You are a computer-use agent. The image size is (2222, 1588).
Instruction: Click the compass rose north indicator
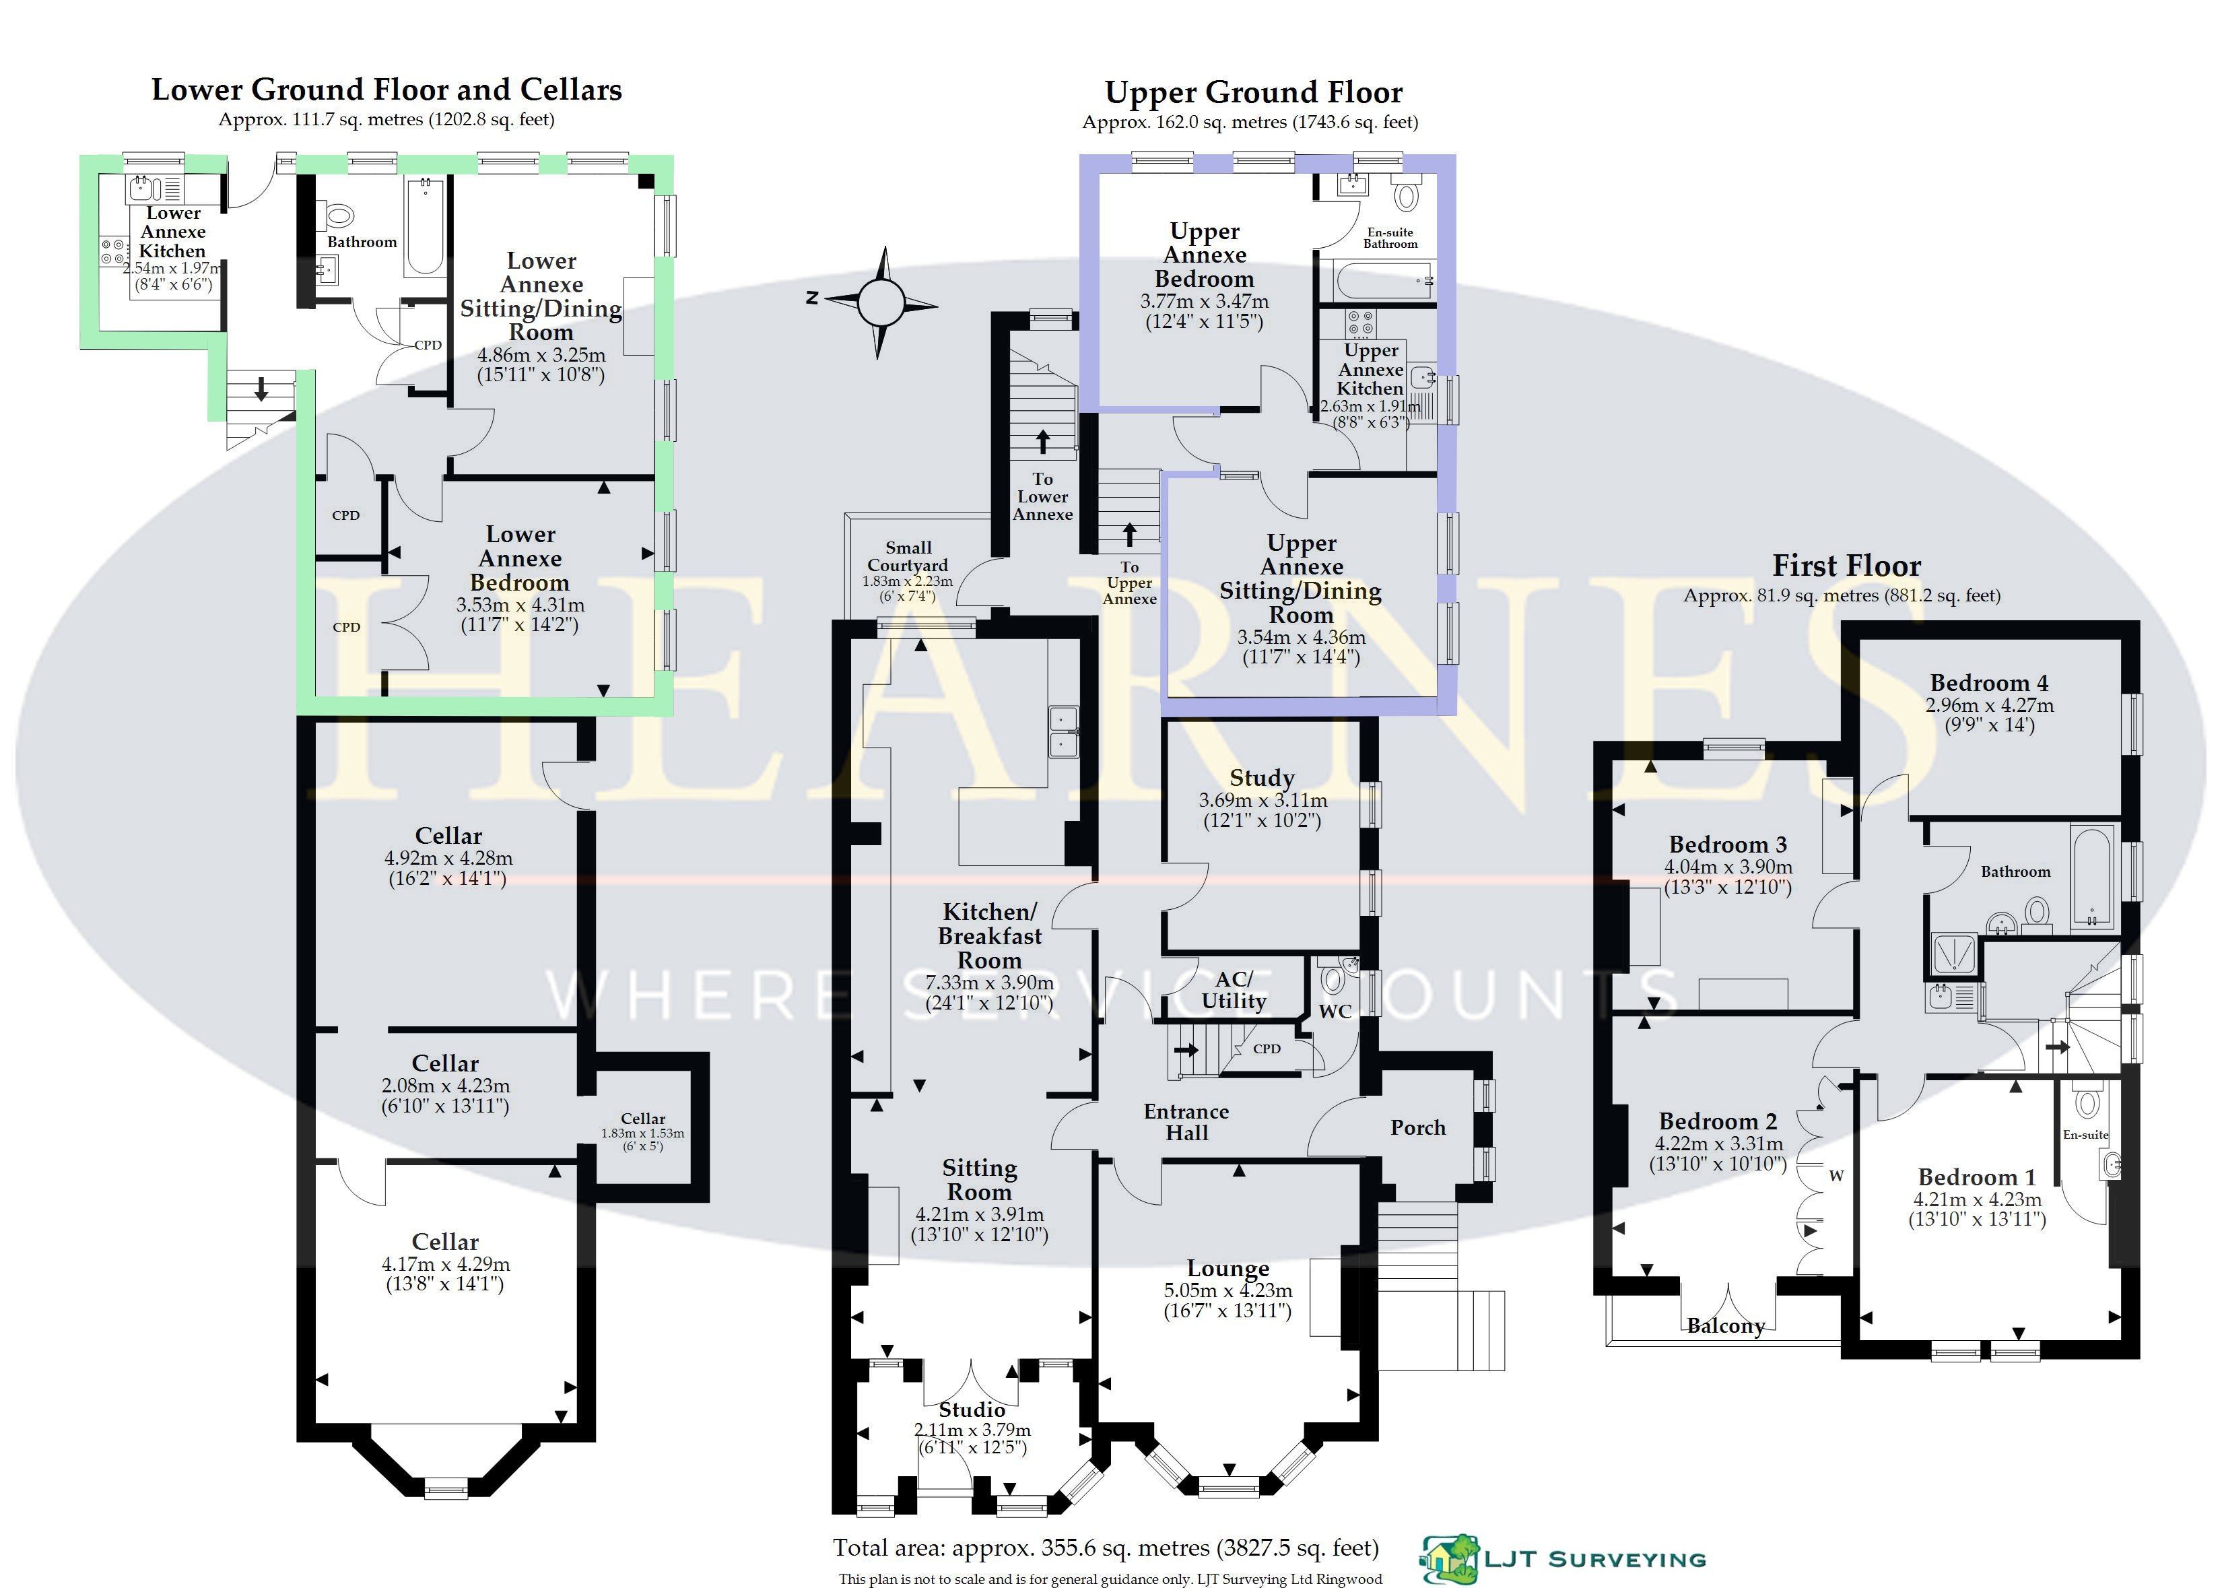point(812,297)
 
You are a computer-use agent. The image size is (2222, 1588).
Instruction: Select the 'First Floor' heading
point(1846,566)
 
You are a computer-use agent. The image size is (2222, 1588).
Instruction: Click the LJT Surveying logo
point(1562,1558)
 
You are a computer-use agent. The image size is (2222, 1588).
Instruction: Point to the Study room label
point(1262,777)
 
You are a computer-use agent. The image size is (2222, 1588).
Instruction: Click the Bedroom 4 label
point(1989,682)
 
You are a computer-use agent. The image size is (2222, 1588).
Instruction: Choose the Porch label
point(1417,1127)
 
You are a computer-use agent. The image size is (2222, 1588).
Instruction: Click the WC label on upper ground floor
point(1335,1011)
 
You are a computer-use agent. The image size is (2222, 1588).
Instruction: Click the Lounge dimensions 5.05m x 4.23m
point(1227,1291)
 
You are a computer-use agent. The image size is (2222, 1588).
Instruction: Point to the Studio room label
point(972,1409)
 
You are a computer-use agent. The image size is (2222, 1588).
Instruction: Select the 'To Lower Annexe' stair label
point(1043,497)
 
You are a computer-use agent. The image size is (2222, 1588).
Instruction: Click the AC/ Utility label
point(1234,989)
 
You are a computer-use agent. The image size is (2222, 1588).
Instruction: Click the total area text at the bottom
point(1106,1548)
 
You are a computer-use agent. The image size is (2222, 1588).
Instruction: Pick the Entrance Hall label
point(1187,1123)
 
